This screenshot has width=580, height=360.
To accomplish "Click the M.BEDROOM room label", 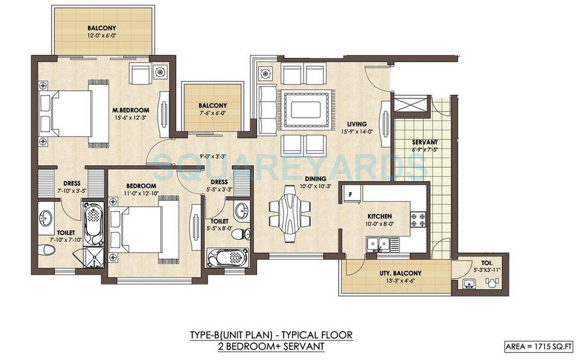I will tap(131, 109).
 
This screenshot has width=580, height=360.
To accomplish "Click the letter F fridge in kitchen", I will tap(349, 194).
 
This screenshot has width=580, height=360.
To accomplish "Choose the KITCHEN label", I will tap(380, 216).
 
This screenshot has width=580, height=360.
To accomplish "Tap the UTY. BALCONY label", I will tap(400, 272).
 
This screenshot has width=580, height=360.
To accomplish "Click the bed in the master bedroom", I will tap(72, 114).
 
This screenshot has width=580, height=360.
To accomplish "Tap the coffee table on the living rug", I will tap(305, 109).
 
